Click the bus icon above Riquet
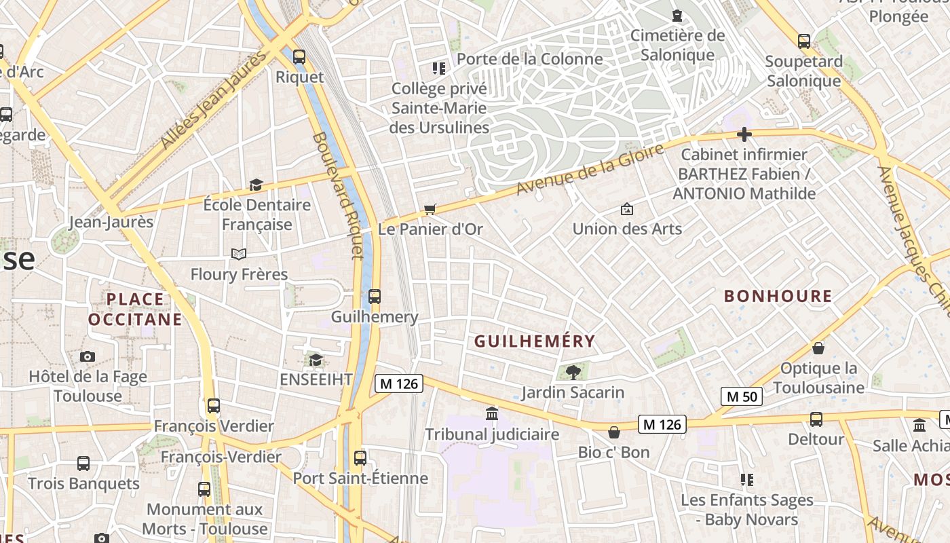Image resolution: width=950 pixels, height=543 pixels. click(x=299, y=57)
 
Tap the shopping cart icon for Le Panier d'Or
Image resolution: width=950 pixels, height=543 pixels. click(x=430, y=209)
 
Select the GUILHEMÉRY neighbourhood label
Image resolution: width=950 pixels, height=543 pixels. click(x=535, y=341)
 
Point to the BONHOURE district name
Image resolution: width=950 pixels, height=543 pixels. click(x=778, y=296)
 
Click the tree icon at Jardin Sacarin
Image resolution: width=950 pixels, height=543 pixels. click(x=573, y=372)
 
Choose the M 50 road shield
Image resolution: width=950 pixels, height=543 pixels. click(x=741, y=396)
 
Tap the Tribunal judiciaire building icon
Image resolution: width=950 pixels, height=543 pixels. click(x=492, y=413)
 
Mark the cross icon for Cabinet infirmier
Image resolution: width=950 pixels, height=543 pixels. click(x=744, y=134)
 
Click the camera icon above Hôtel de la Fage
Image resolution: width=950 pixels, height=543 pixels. click(x=88, y=357)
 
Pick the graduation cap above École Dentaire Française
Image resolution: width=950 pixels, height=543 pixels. click(x=256, y=185)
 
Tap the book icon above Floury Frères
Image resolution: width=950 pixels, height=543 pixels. click(x=238, y=254)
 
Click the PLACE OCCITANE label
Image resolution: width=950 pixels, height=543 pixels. click(x=135, y=309)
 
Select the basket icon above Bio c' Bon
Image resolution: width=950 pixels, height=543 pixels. click(x=614, y=432)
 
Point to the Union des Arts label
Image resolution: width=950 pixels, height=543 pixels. click(x=627, y=229)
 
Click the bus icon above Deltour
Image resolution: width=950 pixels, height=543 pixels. click(x=816, y=419)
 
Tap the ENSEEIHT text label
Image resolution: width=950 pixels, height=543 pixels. click(x=316, y=379)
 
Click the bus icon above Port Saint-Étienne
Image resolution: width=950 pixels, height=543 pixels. click(x=360, y=458)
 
